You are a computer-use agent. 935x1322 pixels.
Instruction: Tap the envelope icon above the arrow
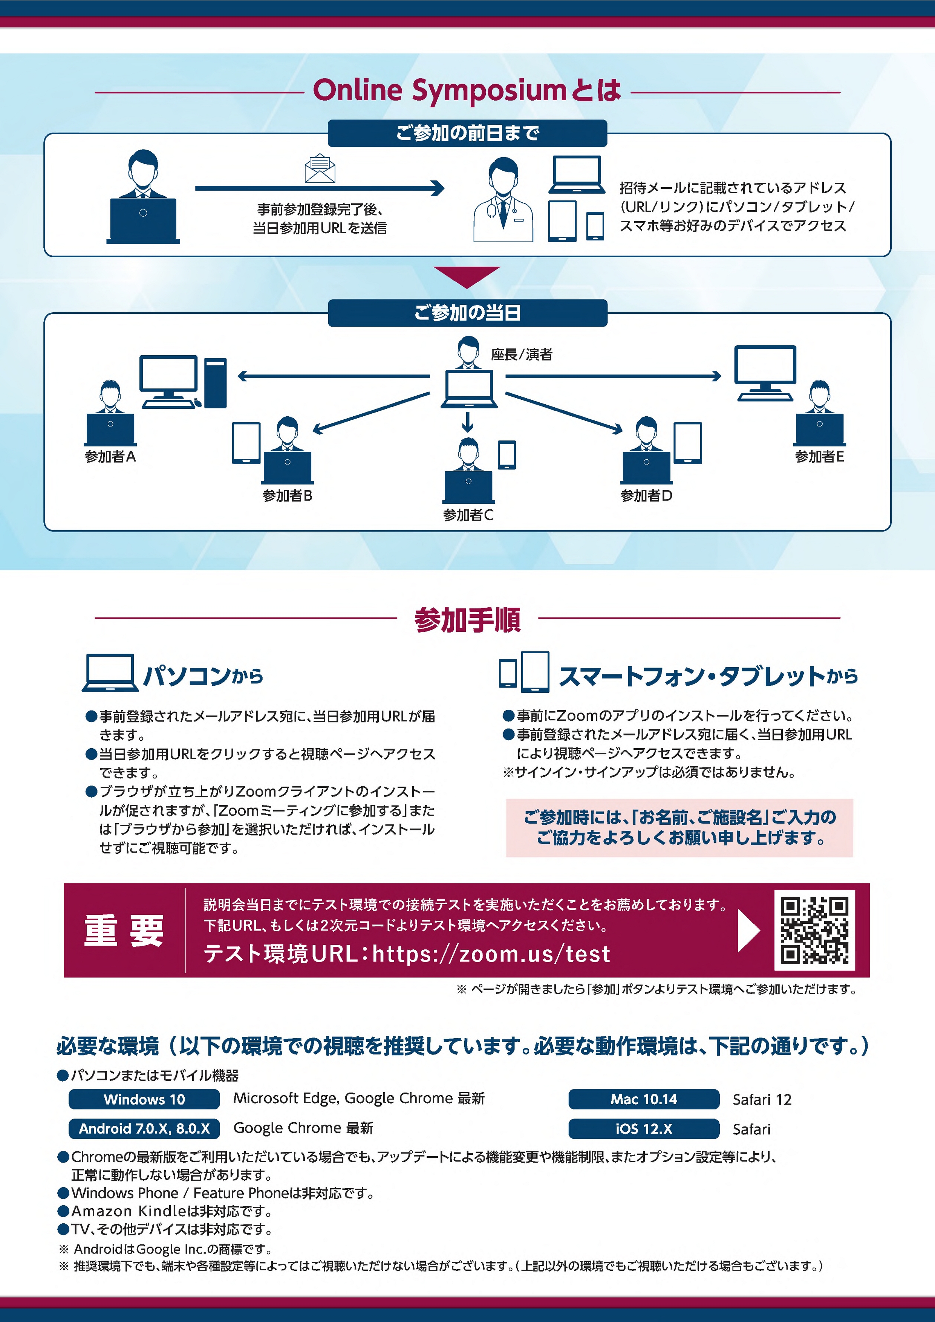pos(320,169)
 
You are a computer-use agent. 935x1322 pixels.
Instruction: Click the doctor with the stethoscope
pos(503,200)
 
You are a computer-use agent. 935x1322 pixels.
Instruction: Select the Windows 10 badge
pos(144,1099)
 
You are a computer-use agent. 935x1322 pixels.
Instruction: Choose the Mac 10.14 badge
pos(644,1099)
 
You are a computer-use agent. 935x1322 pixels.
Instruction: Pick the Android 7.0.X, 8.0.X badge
pos(144,1128)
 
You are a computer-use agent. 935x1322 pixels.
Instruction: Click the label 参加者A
pos(110,457)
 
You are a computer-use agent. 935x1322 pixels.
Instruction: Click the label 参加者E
pos(819,457)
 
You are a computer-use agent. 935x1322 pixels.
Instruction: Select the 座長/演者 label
pos(521,355)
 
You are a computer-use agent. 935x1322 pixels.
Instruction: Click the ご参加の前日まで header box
pos(467,133)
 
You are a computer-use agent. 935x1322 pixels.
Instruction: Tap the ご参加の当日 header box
pos(467,313)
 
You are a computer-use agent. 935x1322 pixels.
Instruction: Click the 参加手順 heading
pos(467,619)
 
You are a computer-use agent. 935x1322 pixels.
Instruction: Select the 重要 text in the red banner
pos(124,931)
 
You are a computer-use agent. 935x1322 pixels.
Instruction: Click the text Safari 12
pos(762,1100)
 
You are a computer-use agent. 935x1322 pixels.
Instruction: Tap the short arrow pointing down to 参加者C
pos(467,422)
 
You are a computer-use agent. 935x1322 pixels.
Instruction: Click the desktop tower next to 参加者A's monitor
pos(216,383)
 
